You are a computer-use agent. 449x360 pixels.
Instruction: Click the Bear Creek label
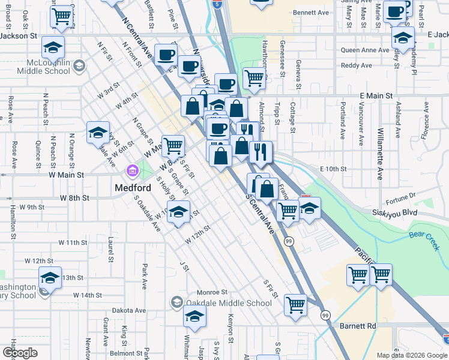click(425, 235)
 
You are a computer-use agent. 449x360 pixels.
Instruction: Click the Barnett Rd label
click(360, 326)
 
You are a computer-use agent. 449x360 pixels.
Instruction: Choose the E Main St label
click(376, 95)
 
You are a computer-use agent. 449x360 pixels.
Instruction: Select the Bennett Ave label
click(311, 12)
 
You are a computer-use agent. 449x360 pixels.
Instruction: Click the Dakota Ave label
click(132, 311)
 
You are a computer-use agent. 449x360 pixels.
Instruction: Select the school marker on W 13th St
click(50, 277)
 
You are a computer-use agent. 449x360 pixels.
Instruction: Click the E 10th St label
click(334, 169)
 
